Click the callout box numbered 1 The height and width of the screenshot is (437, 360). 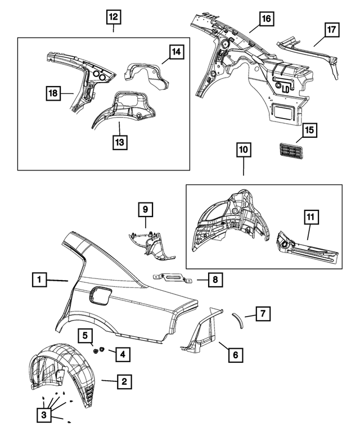point(40,279)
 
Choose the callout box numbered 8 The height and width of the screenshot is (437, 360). point(214,278)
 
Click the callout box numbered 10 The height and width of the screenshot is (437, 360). point(243,151)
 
